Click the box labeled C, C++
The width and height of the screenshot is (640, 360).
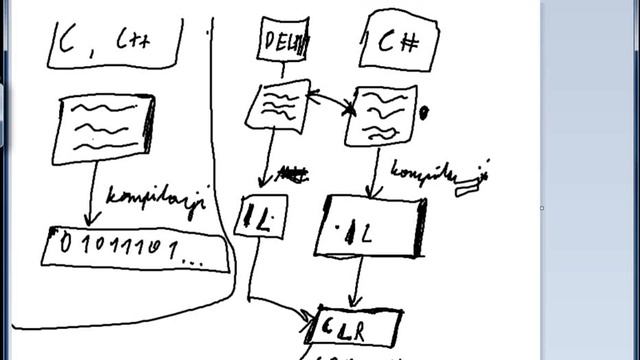pos(115,42)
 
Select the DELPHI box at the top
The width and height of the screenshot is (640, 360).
pos(283,41)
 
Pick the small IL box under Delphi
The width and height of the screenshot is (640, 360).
pos(260,216)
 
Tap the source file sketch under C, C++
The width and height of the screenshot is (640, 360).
pos(104,128)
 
